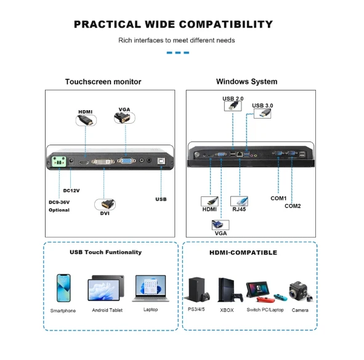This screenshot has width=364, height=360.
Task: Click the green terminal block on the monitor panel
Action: coord(59,161)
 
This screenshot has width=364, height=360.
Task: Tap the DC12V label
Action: coord(71,191)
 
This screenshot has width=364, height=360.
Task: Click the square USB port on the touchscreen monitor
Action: coord(161,161)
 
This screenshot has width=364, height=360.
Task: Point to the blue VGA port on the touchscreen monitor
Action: coord(126,161)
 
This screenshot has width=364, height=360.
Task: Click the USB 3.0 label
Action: coord(262,106)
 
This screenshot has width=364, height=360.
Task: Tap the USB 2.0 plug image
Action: coord(233,106)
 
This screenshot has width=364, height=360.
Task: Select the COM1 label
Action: coord(278,198)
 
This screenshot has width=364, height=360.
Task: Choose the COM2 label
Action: coord(293,206)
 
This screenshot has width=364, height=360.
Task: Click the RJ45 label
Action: coord(239,209)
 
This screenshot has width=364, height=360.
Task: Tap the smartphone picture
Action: coord(63,288)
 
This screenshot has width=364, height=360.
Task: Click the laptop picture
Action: coord(151,289)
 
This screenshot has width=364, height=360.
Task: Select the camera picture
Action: coord(301,292)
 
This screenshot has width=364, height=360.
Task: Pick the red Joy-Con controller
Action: coord(265,300)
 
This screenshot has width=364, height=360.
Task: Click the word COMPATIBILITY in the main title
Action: coord(226,25)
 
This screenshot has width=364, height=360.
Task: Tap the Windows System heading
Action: coord(247,82)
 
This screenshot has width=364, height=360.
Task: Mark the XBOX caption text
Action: coord(227,310)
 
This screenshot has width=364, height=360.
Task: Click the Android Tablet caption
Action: coord(107,310)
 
